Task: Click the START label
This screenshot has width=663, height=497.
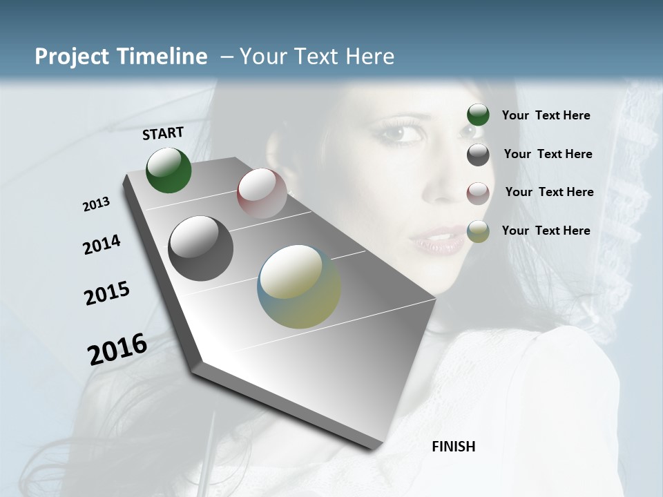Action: pos(163,133)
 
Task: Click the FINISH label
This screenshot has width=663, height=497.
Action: pos(453,447)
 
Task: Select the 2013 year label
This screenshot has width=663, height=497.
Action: pos(96,204)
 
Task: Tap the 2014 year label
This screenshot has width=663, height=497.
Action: pos(102,245)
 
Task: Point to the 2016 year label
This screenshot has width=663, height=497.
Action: pos(117,349)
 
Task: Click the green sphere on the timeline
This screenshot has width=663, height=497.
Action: pos(169,170)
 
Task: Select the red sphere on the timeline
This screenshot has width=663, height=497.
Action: pos(262,193)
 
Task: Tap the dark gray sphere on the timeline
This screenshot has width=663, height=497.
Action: pos(200,248)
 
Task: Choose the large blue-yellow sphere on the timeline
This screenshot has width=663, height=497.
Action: pos(299,286)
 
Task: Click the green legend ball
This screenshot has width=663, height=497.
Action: pos(478,115)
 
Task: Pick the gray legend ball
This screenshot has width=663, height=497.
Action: pos(478,154)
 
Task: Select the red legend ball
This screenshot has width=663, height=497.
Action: pos(478,193)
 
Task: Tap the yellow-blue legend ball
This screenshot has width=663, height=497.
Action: pos(478,231)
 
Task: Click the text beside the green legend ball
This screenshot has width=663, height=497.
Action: pos(546,115)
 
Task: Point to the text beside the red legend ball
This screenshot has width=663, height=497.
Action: pos(549,192)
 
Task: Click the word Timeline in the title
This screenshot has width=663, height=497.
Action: pos(162,57)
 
